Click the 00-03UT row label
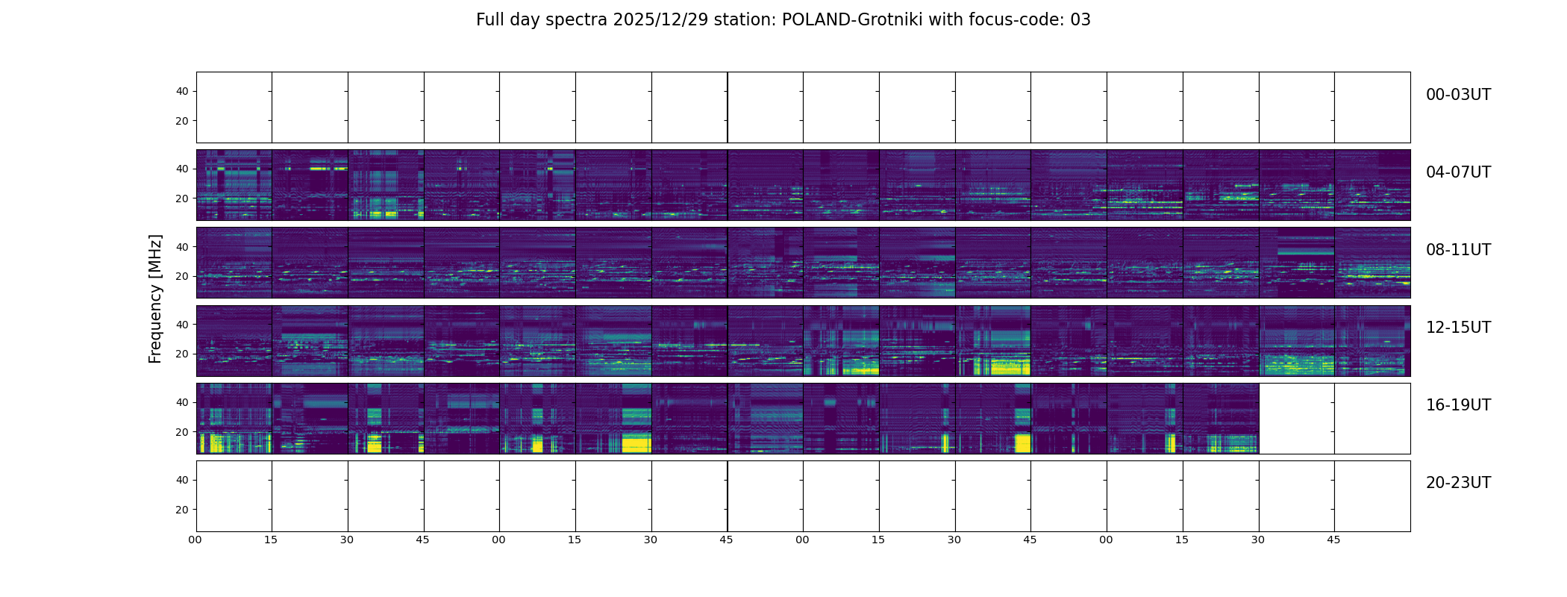point(1458,95)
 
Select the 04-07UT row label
point(1458,172)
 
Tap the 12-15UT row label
point(1458,328)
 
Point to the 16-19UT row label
point(1458,405)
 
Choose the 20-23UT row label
point(1458,483)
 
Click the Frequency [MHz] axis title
point(155,298)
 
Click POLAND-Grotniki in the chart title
point(851,20)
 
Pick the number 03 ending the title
point(1080,20)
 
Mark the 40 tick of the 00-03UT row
point(182,91)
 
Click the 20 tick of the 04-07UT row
point(182,199)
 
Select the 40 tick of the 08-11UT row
point(182,247)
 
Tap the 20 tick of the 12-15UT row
point(182,354)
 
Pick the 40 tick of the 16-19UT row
point(182,402)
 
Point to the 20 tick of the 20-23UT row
point(182,510)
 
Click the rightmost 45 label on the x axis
point(1333,540)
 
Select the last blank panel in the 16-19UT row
point(1372,419)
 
